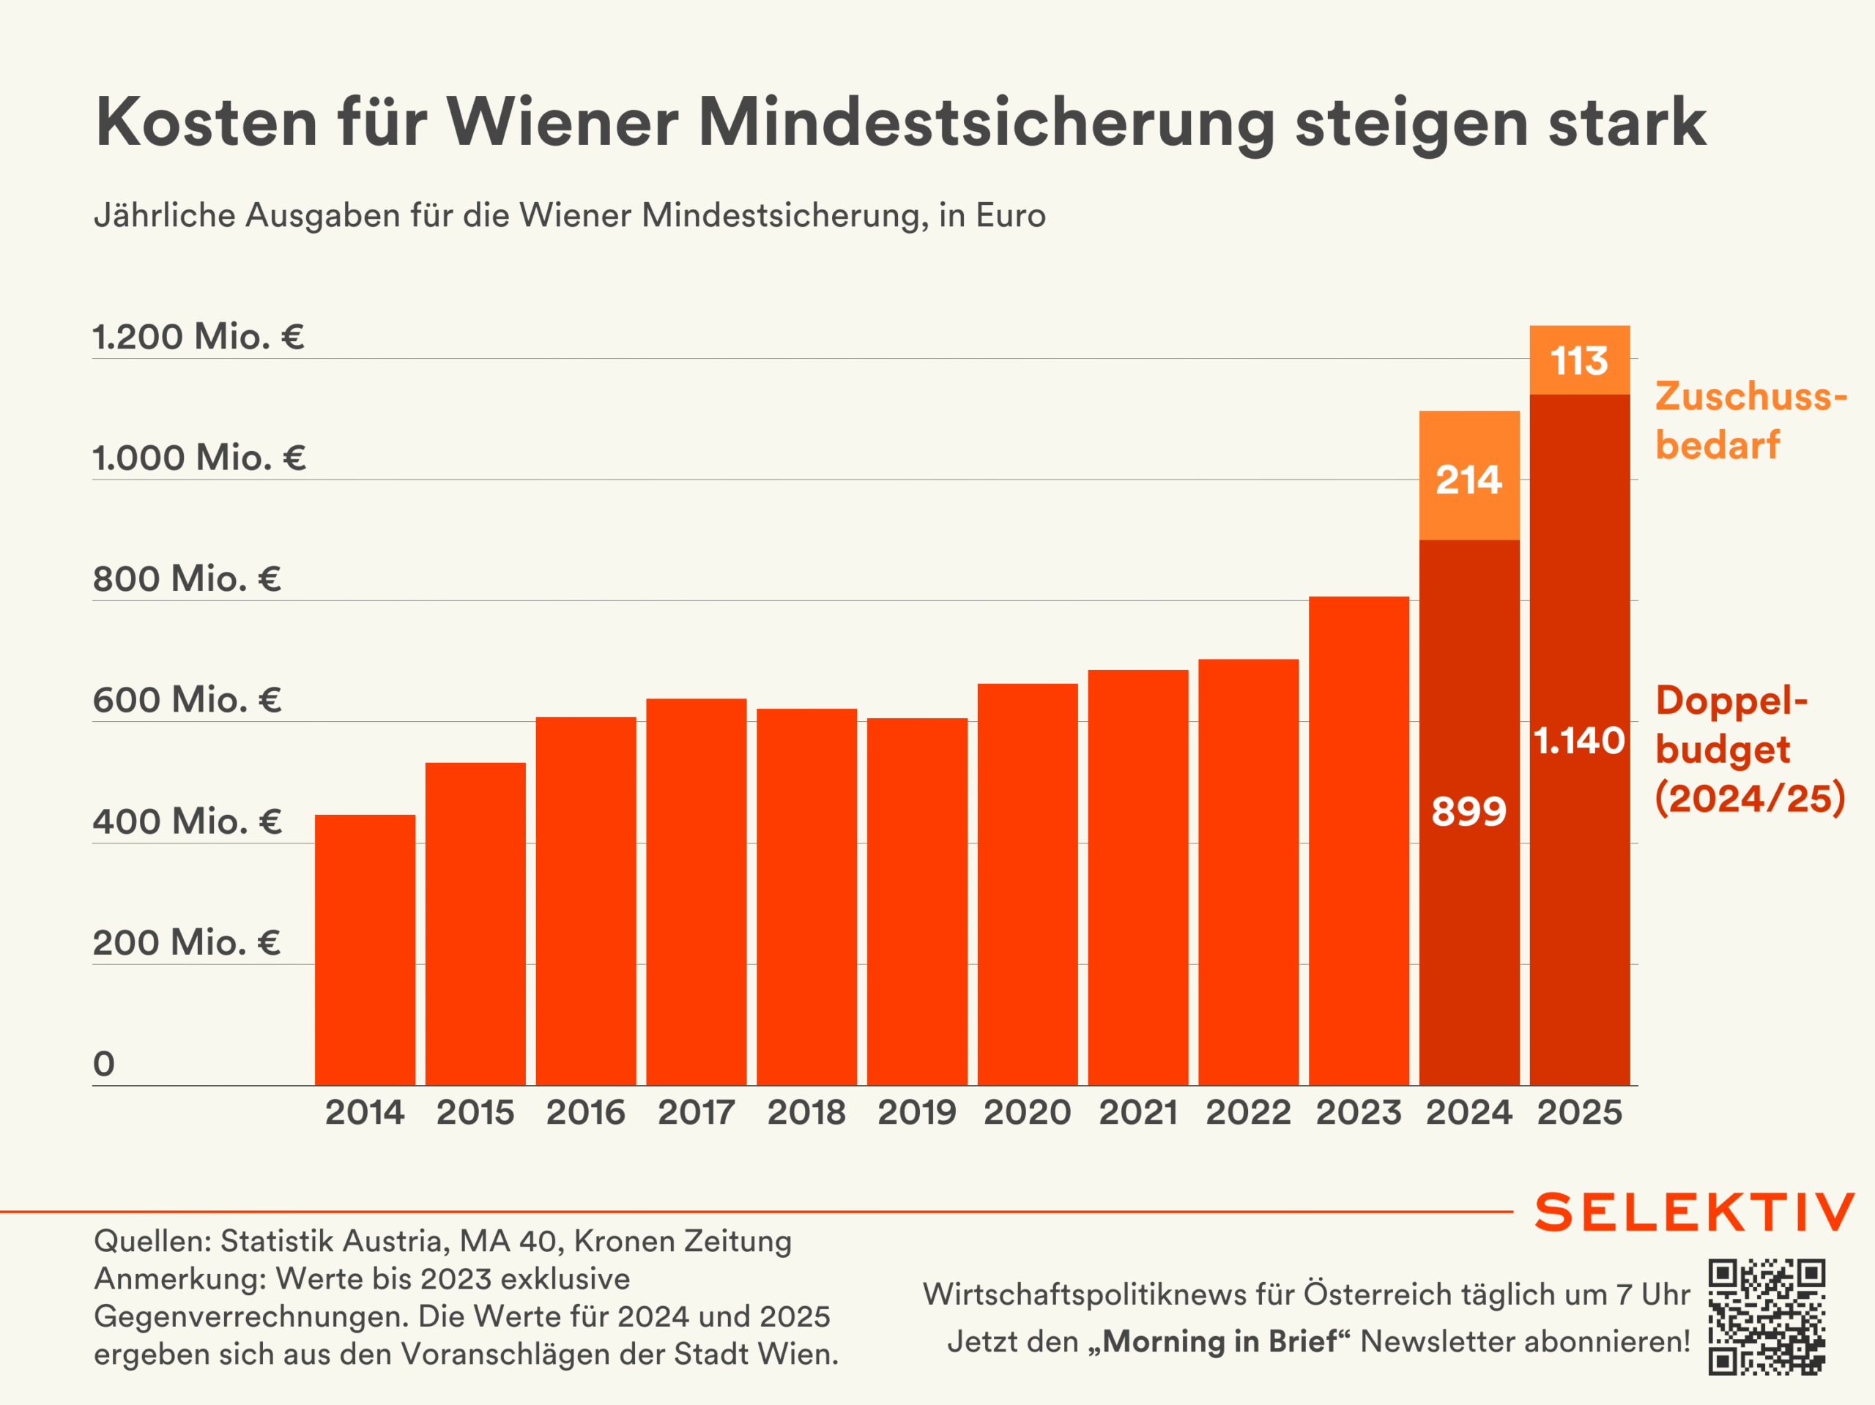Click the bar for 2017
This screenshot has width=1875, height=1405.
click(696, 892)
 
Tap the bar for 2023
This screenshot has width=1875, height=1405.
click(1359, 841)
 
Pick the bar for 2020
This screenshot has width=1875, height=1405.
click(1028, 884)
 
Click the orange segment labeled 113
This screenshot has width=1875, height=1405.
click(1579, 360)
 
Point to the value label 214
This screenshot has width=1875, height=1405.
click(1469, 480)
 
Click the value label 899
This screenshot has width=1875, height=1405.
click(1469, 811)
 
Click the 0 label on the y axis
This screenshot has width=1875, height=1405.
click(103, 1064)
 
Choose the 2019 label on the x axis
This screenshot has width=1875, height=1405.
click(916, 1112)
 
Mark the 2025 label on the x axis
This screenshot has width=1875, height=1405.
click(1579, 1112)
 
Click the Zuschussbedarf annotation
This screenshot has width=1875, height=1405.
click(1750, 420)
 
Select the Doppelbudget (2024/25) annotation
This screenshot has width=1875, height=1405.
click(1750, 749)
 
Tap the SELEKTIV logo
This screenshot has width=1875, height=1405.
click(1694, 1212)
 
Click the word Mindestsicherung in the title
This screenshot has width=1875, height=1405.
click(986, 123)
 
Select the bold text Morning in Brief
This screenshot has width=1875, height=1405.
click(1219, 1341)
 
